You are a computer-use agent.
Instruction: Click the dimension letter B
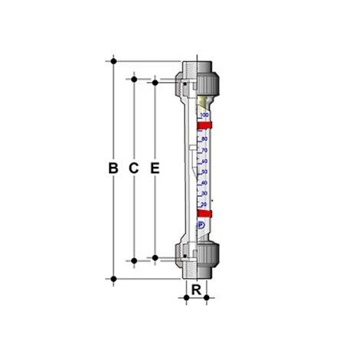(x=113, y=168)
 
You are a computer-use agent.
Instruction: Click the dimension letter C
(x=133, y=168)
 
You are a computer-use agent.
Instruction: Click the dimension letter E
(x=155, y=168)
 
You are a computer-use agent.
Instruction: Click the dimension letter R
(x=196, y=290)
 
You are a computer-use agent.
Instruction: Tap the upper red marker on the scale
(x=204, y=125)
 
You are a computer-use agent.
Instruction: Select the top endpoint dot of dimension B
(x=113, y=59)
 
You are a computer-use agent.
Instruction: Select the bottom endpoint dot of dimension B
(x=113, y=279)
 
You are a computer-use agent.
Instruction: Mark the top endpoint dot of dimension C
(x=134, y=77)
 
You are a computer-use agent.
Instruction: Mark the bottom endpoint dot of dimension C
(x=134, y=261)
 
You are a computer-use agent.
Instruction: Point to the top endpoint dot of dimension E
(x=155, y=81)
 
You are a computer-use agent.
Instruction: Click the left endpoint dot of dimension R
(x=185, y=298)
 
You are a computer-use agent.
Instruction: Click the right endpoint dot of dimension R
(x=208, y=298)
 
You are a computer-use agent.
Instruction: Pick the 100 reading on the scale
(x=205, y=114)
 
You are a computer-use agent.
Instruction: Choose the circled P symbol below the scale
(x=201, y=225)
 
